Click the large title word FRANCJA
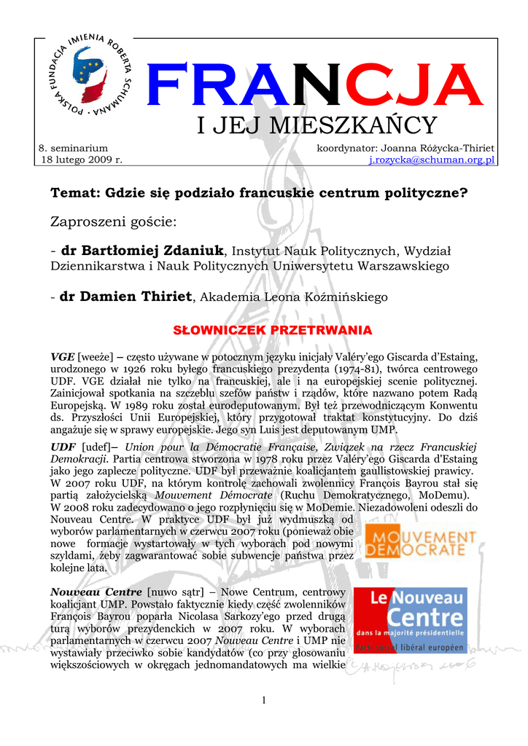tap(314, 86)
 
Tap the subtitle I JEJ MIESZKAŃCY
tap(317, 126)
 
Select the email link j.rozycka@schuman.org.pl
tap(432, 159)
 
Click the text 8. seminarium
tap(72, 148)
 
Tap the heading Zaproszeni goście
tap(112, 221)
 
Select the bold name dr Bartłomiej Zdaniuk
tap(143, 251)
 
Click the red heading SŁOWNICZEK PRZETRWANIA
tap(272, 331)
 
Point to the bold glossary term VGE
tap(62, 357)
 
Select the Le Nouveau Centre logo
tap(409, 620)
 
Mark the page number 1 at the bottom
tap(263, 700)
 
